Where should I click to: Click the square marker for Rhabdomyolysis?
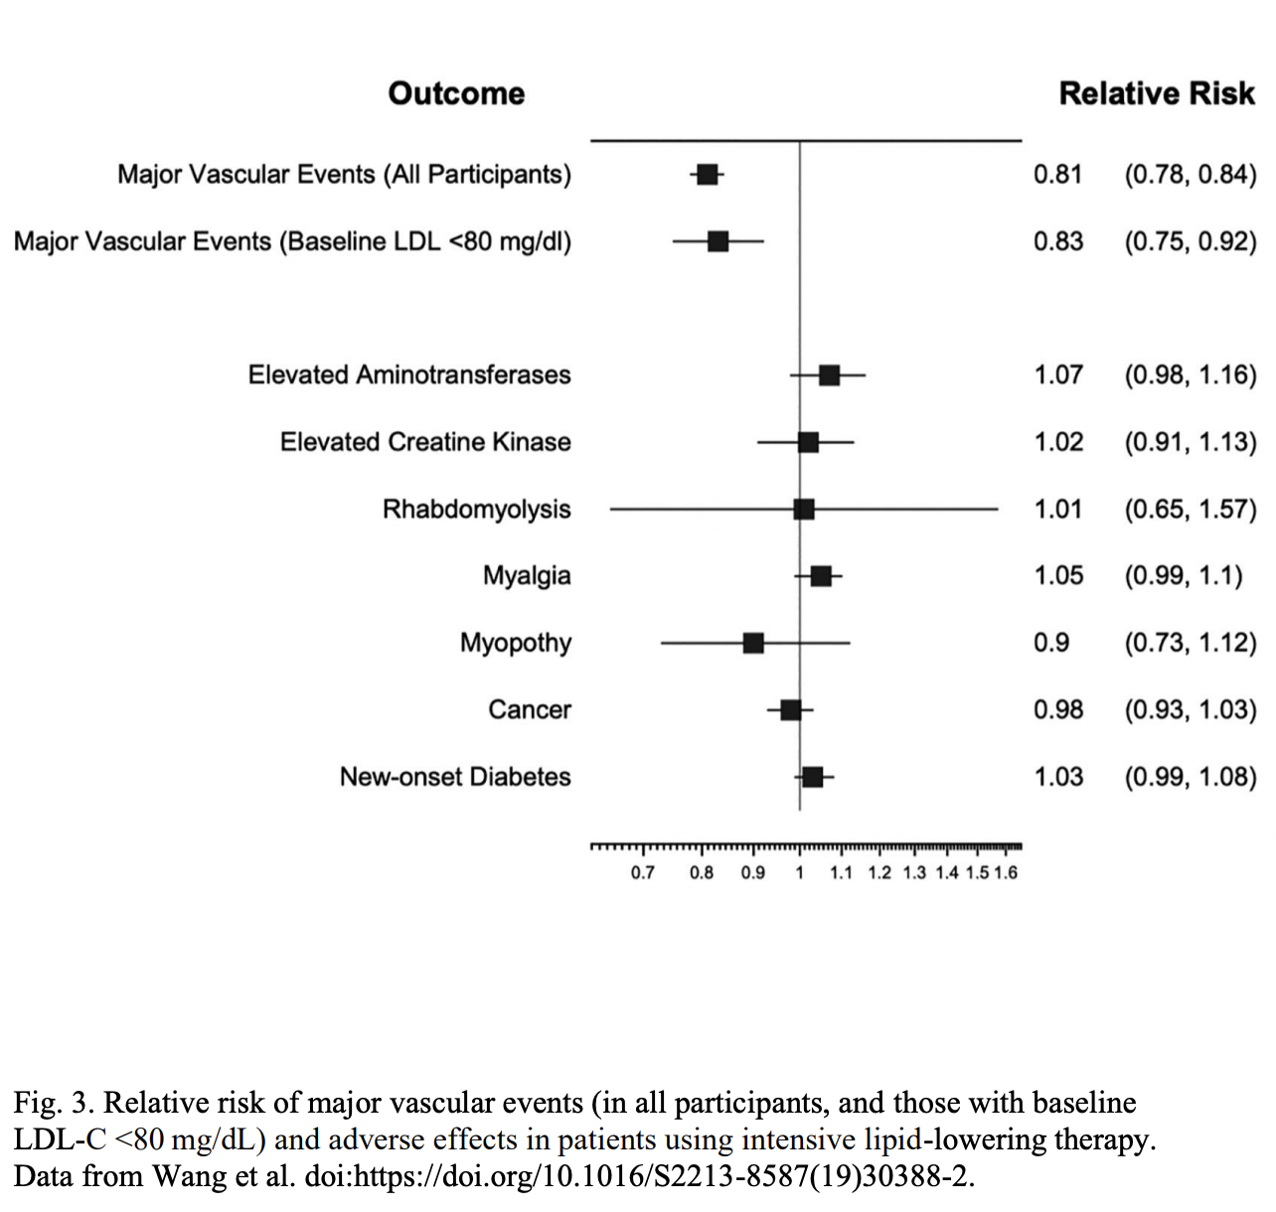(x=804, y=510)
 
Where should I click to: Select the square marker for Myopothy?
(x=753, y=643)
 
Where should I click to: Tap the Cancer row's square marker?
(x=790, y=709)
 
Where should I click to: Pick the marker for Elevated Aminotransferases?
(x=829, y=375)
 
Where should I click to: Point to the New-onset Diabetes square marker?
(x=812, y=777)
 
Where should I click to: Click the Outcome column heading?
(x=456, y=93)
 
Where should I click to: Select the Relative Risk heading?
(x=1157, y=93)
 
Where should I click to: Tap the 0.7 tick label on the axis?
(x=643, y=872)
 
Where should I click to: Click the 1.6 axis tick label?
(x=1006, y=872)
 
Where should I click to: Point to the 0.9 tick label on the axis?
(x=753, y=872)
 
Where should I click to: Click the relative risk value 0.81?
(x=1058, y=175)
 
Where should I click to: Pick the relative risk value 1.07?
(x=1058, y=375)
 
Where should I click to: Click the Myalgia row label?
(x=527, y=576)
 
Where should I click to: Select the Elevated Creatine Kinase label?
(x=425, y=442)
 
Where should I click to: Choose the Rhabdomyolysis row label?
(x=477, y=510)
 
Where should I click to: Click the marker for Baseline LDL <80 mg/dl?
(x=718, y=241)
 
